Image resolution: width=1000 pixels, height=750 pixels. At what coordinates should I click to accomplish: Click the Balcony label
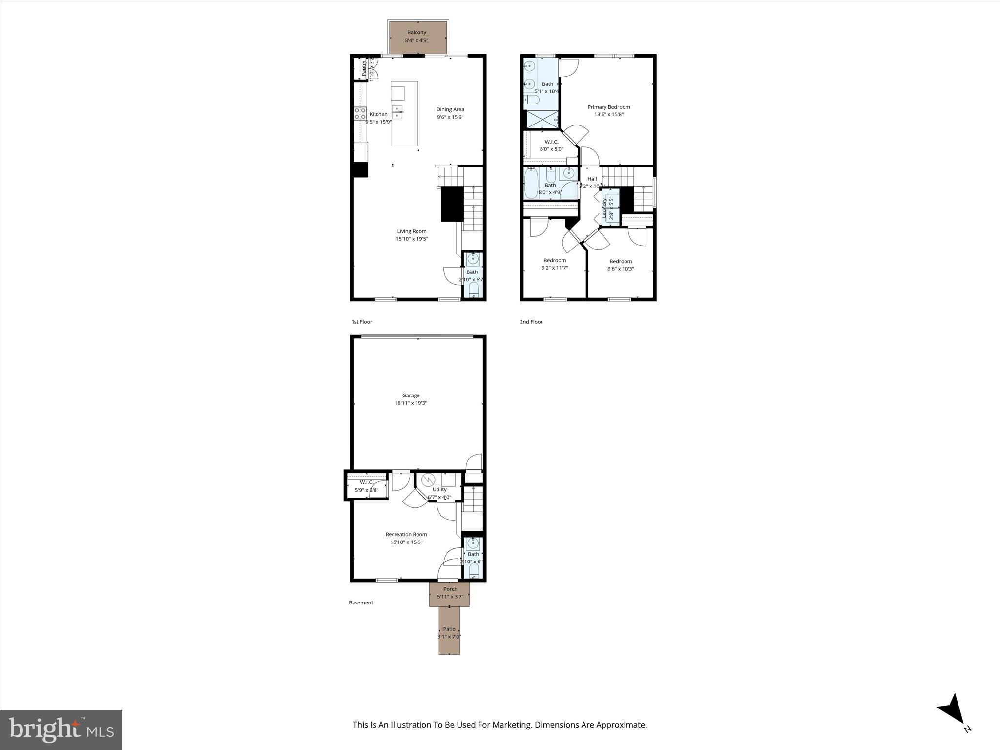tap(417, 32)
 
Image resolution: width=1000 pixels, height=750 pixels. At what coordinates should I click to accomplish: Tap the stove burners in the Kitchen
tap(360, 114)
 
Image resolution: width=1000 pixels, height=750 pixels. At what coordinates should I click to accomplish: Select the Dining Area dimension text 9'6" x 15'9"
tap(450, 117)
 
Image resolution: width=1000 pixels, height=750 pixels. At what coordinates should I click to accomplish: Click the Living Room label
tap(412, 231)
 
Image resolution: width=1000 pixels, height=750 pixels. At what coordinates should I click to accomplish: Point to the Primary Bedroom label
tap(608, 107)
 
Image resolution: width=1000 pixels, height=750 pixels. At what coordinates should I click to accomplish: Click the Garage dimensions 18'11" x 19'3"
tap(411, 403)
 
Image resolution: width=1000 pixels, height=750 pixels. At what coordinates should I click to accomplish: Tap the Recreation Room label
tap(406, 534)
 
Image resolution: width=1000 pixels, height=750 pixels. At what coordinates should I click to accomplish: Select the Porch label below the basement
tap(450, 589)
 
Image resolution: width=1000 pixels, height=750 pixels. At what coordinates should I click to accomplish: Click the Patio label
tap(449, 629)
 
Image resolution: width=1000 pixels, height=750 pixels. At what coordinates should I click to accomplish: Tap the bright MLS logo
tap(61, 729)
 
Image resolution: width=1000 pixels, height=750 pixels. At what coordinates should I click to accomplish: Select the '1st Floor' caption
tap(362, 322)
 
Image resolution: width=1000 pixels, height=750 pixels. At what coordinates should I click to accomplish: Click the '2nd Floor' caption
tap(531, 322)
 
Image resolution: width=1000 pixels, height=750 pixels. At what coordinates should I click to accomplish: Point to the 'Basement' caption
tap(361, 603)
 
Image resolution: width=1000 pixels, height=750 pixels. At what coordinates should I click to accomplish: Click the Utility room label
tap(439, 489)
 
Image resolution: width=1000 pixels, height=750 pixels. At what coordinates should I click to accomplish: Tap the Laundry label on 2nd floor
tap(604, 208)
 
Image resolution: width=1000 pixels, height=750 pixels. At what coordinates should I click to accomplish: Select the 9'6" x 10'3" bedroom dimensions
tap(620, 269)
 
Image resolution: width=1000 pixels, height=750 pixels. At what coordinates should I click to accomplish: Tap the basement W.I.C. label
tap(366, 482)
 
